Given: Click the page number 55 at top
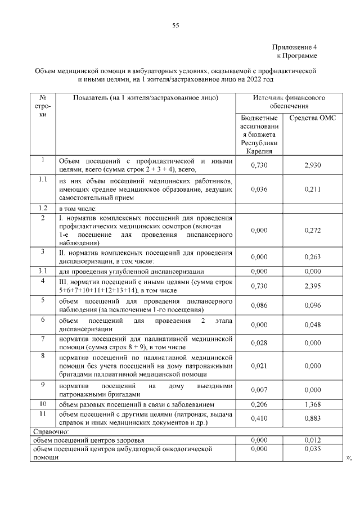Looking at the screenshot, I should [175, 24].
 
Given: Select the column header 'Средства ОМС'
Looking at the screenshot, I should [312, 119].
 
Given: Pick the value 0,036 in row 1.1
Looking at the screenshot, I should [259, 190].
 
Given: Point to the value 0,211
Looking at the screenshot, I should [312, 190].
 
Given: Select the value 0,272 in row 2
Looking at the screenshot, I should [312, 231].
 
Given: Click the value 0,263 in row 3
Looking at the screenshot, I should [312, 256].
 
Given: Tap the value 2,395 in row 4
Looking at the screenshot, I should [312, 286].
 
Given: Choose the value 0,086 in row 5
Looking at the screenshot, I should [259, 307].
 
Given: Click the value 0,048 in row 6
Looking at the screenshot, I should [312, 325].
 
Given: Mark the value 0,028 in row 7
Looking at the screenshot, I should [259, 343].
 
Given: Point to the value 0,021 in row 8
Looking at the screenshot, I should [259, 366].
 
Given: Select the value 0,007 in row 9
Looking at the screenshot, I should [259, 390].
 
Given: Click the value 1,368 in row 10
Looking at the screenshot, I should [312, 404].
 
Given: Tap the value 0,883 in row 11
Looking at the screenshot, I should [312, 418].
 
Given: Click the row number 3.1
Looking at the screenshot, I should [42, 271].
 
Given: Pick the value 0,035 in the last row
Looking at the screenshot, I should [312, 450].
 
